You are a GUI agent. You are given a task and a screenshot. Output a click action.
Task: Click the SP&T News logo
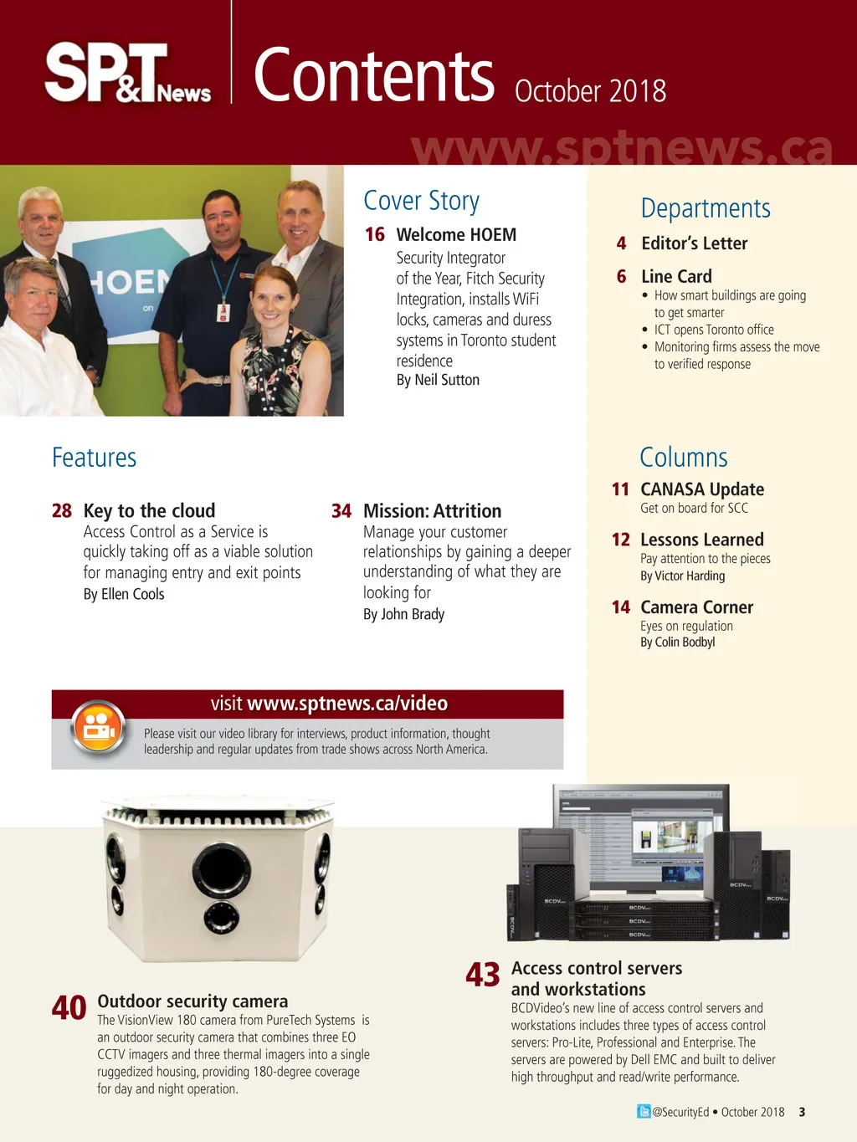click(127, 74)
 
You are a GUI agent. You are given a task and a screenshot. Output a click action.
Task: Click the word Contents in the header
click(373, 75)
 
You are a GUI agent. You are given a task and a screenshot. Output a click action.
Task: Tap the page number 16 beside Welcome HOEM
click(374, 235)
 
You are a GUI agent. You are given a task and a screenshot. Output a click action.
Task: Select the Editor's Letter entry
click(694, 243)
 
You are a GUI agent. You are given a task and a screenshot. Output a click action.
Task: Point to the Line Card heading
click(676, 277)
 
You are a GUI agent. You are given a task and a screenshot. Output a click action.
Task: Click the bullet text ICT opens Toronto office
click(713, 330)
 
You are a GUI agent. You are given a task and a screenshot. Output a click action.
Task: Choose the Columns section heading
click(683, 458)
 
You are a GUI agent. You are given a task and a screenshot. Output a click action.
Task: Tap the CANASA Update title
click(701, 489)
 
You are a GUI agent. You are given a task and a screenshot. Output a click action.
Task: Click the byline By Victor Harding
click(682, 576)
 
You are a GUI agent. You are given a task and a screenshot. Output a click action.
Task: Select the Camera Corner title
click(696, 607)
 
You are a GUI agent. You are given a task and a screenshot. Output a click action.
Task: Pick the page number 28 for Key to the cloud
click(62, 511)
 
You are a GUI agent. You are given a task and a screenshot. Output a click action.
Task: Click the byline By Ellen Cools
click(124, 594)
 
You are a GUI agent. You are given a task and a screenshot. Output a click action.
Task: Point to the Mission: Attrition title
click(432, 511)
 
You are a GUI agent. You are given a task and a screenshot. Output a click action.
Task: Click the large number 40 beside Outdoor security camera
click(69, 1008)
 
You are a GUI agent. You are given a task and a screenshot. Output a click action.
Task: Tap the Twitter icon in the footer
click(644, 1112)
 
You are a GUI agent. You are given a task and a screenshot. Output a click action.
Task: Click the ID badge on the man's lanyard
click(223, 313)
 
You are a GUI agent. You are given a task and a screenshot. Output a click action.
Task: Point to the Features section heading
click(94, 458)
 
